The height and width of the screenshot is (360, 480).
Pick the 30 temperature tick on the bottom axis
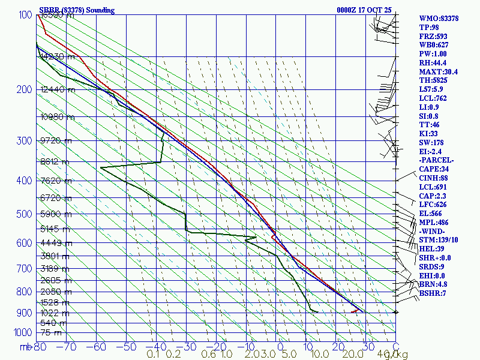(365, 347)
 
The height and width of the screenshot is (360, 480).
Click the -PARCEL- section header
(436, 161)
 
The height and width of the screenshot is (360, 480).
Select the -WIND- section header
(433, 232)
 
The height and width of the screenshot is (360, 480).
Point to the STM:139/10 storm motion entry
(439, 240)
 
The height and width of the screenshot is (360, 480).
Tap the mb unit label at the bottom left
(26, 347)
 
